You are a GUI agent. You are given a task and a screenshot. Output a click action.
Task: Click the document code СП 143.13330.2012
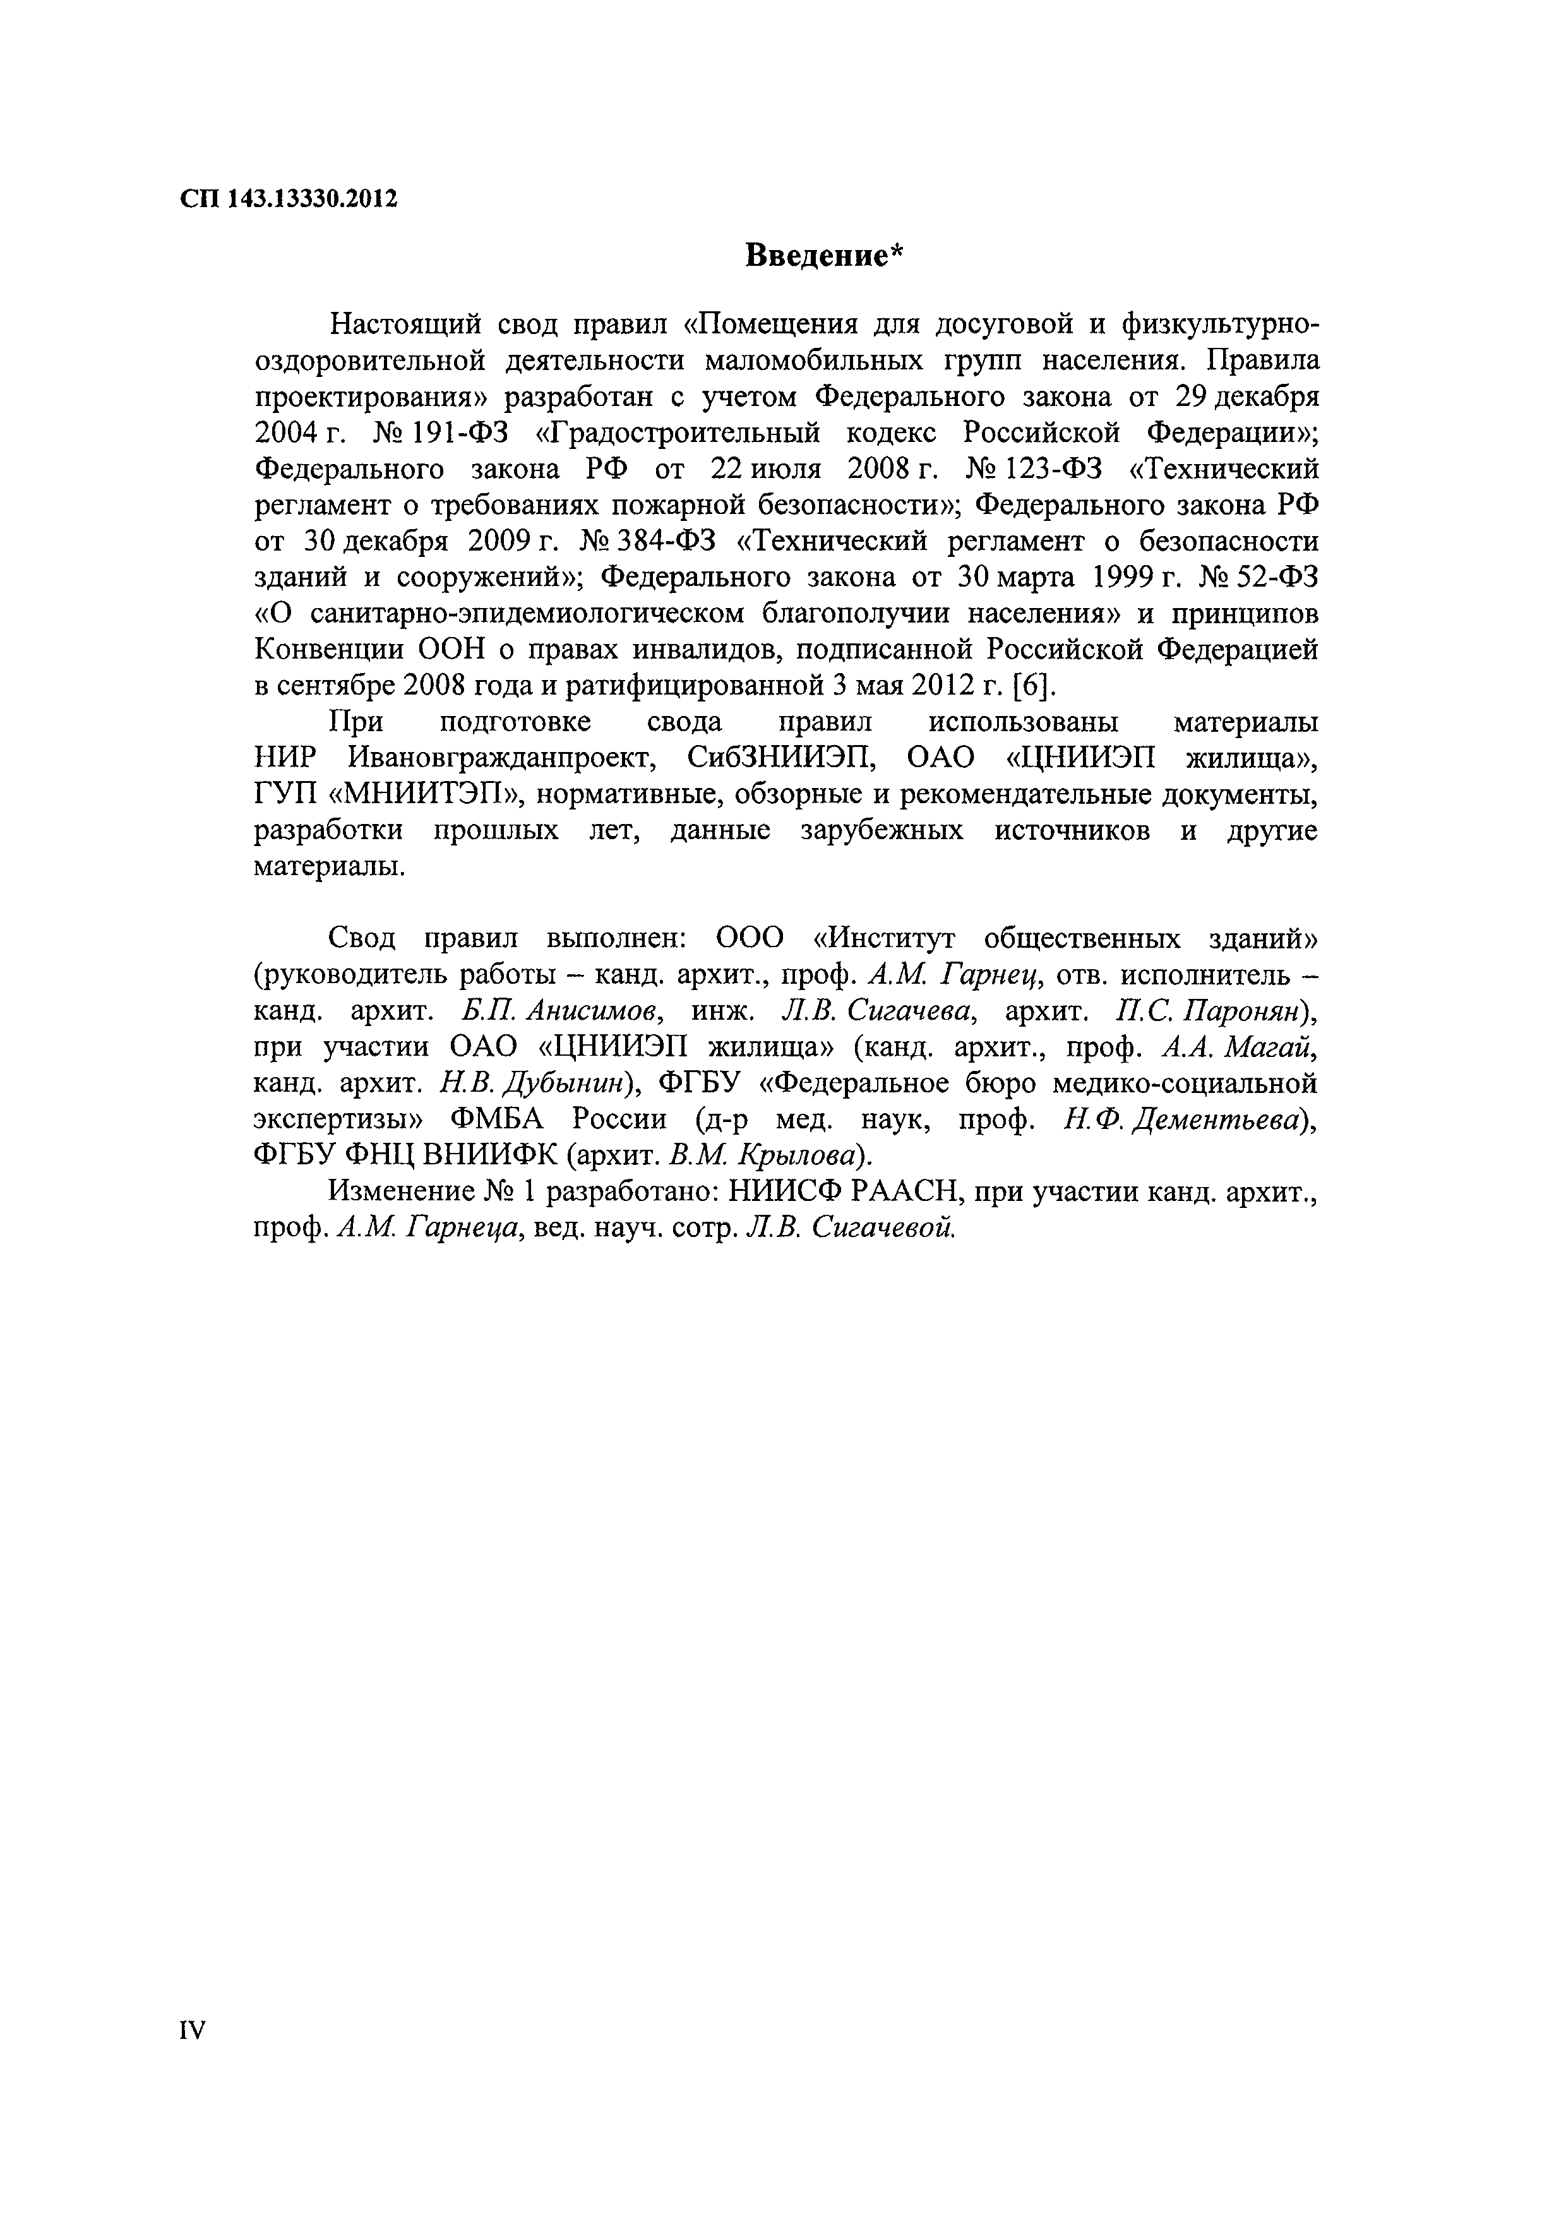pos(289,199)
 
